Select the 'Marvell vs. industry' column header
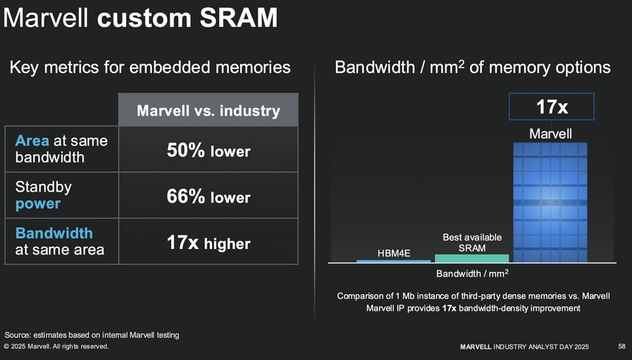tap(208, 111)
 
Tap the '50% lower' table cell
tap(208, 151)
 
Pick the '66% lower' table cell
tap(208, 197)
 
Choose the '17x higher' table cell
tap(208, 243)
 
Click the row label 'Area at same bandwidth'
tap(62, 149)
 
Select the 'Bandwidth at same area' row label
tap(60, 241)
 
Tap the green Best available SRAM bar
tap(472, 258)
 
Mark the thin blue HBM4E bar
tap(393, 261)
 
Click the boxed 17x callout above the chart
tap(551, 107)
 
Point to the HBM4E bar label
tap(393, 254)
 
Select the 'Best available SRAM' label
tap(472, 243)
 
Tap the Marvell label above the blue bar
tap(550, 134)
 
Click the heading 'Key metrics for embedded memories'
tap(150, 67)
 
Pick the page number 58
tap(621, 346)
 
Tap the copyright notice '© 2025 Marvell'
tap(56, 346)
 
